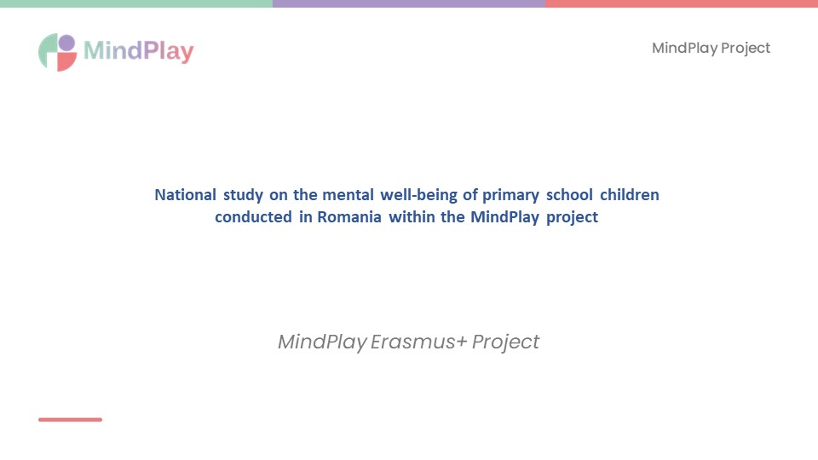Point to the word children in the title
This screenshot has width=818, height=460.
coord(629,195)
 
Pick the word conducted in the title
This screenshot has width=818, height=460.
coord(253,217)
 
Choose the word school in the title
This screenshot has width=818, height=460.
coord(569,195)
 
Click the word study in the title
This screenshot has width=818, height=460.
coord(243,196)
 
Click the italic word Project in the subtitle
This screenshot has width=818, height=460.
coord(505,342)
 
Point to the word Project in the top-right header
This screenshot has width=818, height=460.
coord(746,49)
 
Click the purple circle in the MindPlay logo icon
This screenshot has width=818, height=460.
coord(66,43)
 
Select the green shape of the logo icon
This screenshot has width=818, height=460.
coord(47,51)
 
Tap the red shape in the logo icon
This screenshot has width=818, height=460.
coord(66,62)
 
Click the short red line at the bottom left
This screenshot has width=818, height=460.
coord(71,419)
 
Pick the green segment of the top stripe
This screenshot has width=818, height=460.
coord(136,3)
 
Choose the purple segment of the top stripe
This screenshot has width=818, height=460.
coord(409,3)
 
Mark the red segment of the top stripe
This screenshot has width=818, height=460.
coord(682,3)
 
